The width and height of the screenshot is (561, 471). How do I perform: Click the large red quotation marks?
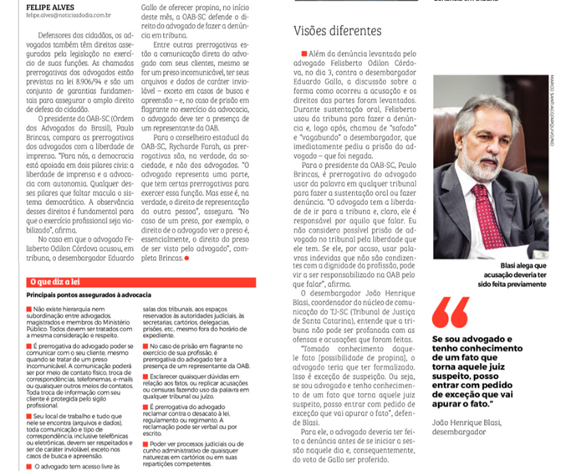451,310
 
